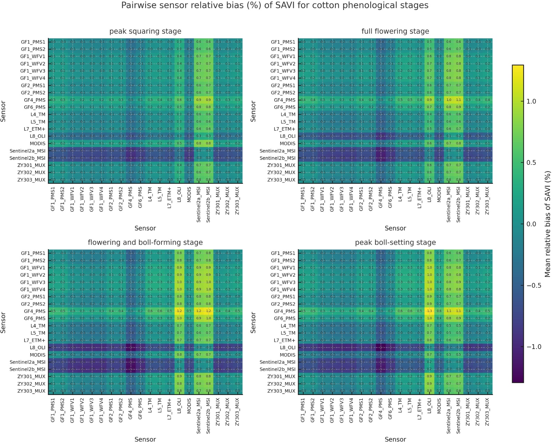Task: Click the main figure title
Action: tap(275, 6)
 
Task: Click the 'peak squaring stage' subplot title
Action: tap(145, 31)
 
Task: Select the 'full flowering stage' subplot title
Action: tap(395, 31)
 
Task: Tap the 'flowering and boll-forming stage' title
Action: tap(145, 243)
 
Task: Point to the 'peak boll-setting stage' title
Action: tap(395, 243)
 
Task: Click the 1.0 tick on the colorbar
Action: tap(531, 102)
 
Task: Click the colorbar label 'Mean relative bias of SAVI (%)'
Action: tap(547, 224)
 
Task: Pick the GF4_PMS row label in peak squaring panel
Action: tap(34, 100)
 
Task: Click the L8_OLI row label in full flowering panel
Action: tap(288, 136)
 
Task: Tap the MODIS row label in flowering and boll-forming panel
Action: tap(37, 355)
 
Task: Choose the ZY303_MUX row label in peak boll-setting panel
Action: tap(281, 391)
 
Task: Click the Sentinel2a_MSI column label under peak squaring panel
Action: tap(199, 205)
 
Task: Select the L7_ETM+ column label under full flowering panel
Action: tap(420, 198)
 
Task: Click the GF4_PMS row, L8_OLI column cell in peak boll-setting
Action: tap(429, 311)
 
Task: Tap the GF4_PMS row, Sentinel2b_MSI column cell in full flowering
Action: tap(458, 100)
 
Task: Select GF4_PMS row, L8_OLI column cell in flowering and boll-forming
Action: tap(179, 311)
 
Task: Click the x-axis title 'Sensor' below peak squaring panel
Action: tap(145, 228)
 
